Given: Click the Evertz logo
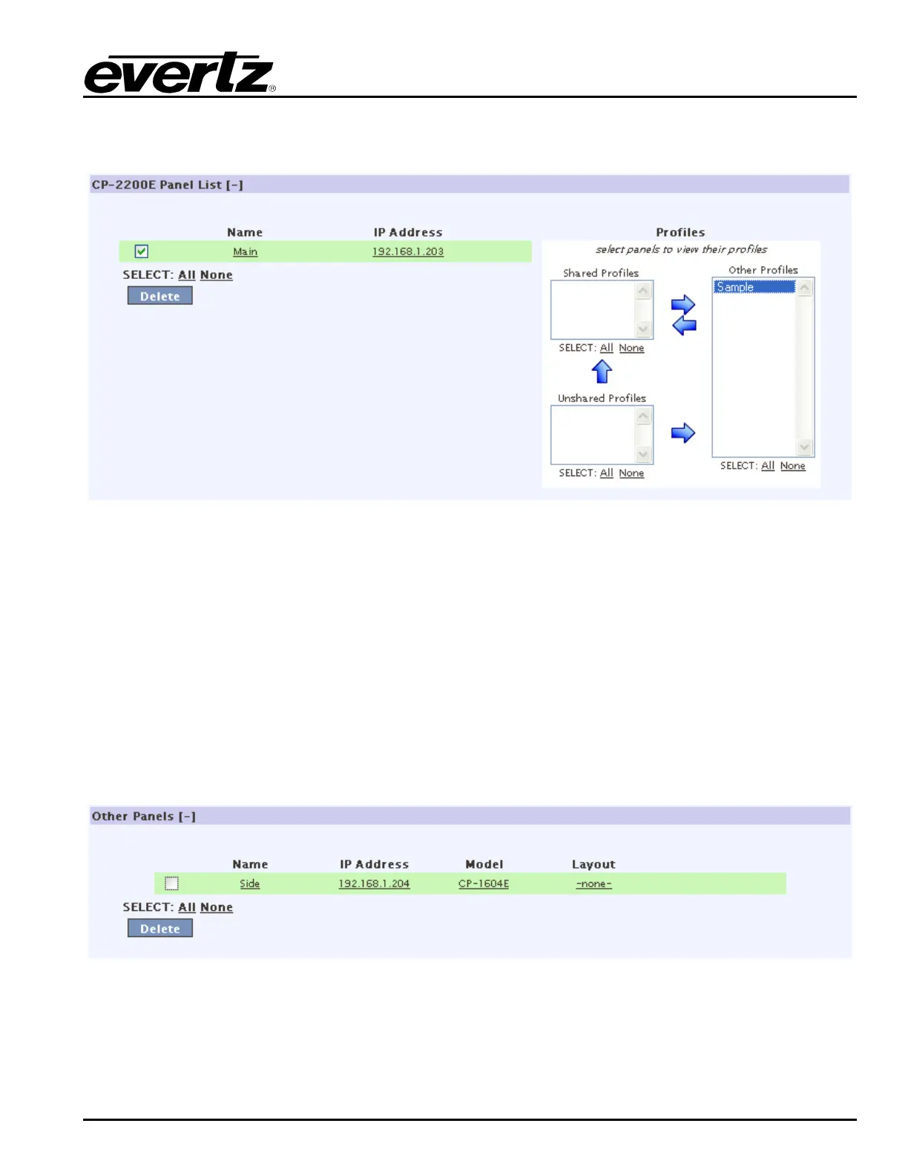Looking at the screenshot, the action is coord(179,73).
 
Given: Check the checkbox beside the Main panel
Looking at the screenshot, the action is coord(142,251).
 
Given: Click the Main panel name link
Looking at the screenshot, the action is coord(245,252).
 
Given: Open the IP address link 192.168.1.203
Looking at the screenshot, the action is coord(407,252).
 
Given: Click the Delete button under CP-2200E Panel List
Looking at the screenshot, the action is coord(159,296).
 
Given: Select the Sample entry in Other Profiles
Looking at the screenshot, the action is coord(754,287).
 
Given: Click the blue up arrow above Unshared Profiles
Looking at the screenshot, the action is coord(602,372).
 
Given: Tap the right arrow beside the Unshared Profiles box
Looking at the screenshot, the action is coord(683,433).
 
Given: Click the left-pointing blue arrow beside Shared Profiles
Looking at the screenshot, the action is coord(684,325).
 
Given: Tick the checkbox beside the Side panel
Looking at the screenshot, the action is coord(171,883).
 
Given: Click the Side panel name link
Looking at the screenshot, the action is coord(249,884).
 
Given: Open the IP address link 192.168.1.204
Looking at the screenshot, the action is coord(374,884).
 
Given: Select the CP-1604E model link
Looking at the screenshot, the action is coord(483,884).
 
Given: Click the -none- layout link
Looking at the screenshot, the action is coord(593,884).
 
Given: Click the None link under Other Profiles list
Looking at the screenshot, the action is coord(792,466).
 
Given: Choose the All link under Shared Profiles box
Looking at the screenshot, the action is coord(606,348).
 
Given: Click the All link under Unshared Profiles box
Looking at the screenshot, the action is coord(606,473).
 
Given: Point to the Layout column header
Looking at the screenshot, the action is coord(593,864).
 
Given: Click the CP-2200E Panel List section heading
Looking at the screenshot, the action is coord(167,185).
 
